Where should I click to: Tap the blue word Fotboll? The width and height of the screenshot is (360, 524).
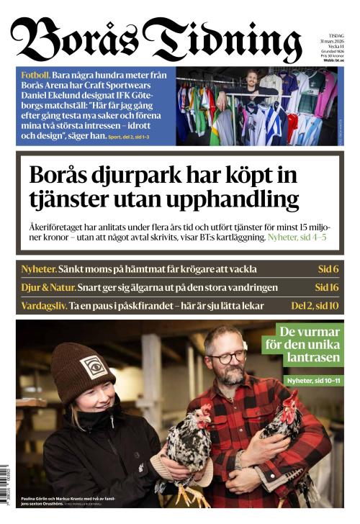coord(35,75)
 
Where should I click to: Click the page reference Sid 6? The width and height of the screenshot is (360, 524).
coord(328,269)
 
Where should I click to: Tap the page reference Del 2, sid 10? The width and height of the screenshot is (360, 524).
coord(315,305)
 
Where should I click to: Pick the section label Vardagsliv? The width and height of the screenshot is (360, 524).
coord(43,305)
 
